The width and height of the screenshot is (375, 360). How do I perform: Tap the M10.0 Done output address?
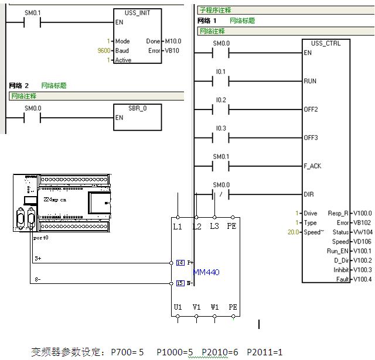[173, 41]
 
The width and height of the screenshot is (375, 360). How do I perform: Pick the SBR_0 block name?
[137, 108]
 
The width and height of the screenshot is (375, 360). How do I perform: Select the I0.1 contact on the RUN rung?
[220, 81]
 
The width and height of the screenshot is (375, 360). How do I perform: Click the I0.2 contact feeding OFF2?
[220, 109]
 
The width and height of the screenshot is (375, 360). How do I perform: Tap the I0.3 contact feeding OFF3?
[220, 138]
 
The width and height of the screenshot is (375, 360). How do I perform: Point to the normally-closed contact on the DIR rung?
[220, 194]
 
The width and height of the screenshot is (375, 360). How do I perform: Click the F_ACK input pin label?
[312, 166]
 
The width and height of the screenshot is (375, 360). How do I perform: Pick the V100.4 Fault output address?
[362, 279]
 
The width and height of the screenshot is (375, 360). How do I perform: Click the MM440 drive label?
[206, 272]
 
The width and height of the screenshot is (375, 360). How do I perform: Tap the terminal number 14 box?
[180, 263]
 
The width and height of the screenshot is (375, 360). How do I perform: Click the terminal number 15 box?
[180, 284]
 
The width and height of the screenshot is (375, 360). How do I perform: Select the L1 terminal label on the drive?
[177, 226]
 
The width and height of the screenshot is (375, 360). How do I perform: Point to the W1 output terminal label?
[214, 307]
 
